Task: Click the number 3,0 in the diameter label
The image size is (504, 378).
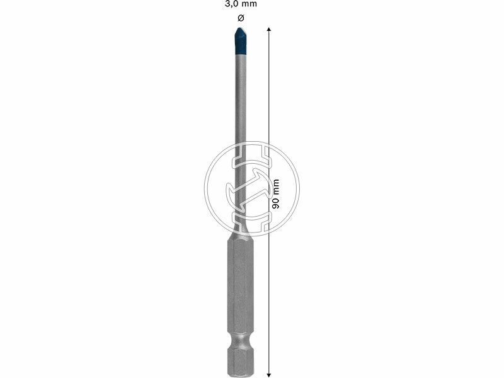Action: coord(232,4)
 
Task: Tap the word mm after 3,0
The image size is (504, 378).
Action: coord(249,4)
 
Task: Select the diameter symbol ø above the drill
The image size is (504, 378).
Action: coord(241,18)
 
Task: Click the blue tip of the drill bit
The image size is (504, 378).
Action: coord(241,41)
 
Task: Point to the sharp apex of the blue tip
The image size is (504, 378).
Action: coord(240,28)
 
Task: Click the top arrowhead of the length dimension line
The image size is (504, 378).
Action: coord(269,29)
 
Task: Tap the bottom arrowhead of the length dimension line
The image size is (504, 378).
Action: coord(269,374)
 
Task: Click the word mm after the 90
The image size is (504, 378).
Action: coord(275,187)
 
